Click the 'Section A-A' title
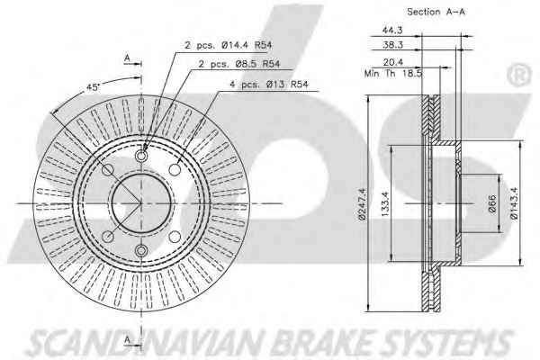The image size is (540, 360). click(x=436, y=12)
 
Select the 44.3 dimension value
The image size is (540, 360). click(x=392, y=30)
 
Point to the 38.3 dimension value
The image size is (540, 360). click(x=392, y=45)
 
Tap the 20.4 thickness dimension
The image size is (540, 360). click(x=393, y=62)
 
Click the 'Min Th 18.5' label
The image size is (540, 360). click(x=393, y=74)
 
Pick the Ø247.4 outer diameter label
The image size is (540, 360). click(x=362, y=204)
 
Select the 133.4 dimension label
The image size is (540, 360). click(x=385, y=204)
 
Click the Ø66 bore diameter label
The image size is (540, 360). click(x=492, y=203)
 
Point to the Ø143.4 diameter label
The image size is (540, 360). click(x=514, y=204)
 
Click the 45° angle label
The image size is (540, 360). click(x=93, y=87)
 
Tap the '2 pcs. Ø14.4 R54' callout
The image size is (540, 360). click(x=229, y=45)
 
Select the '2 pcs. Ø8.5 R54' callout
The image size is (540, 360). click(x=239, y=64)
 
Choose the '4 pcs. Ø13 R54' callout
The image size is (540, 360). click(x=269, y=84)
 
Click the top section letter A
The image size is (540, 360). click(x=127, y=58)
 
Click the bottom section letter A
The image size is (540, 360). click(x=127, y=339)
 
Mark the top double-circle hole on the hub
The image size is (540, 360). click(x=141, y=156)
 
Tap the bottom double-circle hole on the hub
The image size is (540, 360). click(x=141, y=250)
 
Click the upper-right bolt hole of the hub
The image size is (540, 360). click(x=175, y=169)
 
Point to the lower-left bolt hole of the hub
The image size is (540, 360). click(x=108, y=237)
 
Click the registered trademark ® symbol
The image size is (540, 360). click(x=519, y=76)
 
